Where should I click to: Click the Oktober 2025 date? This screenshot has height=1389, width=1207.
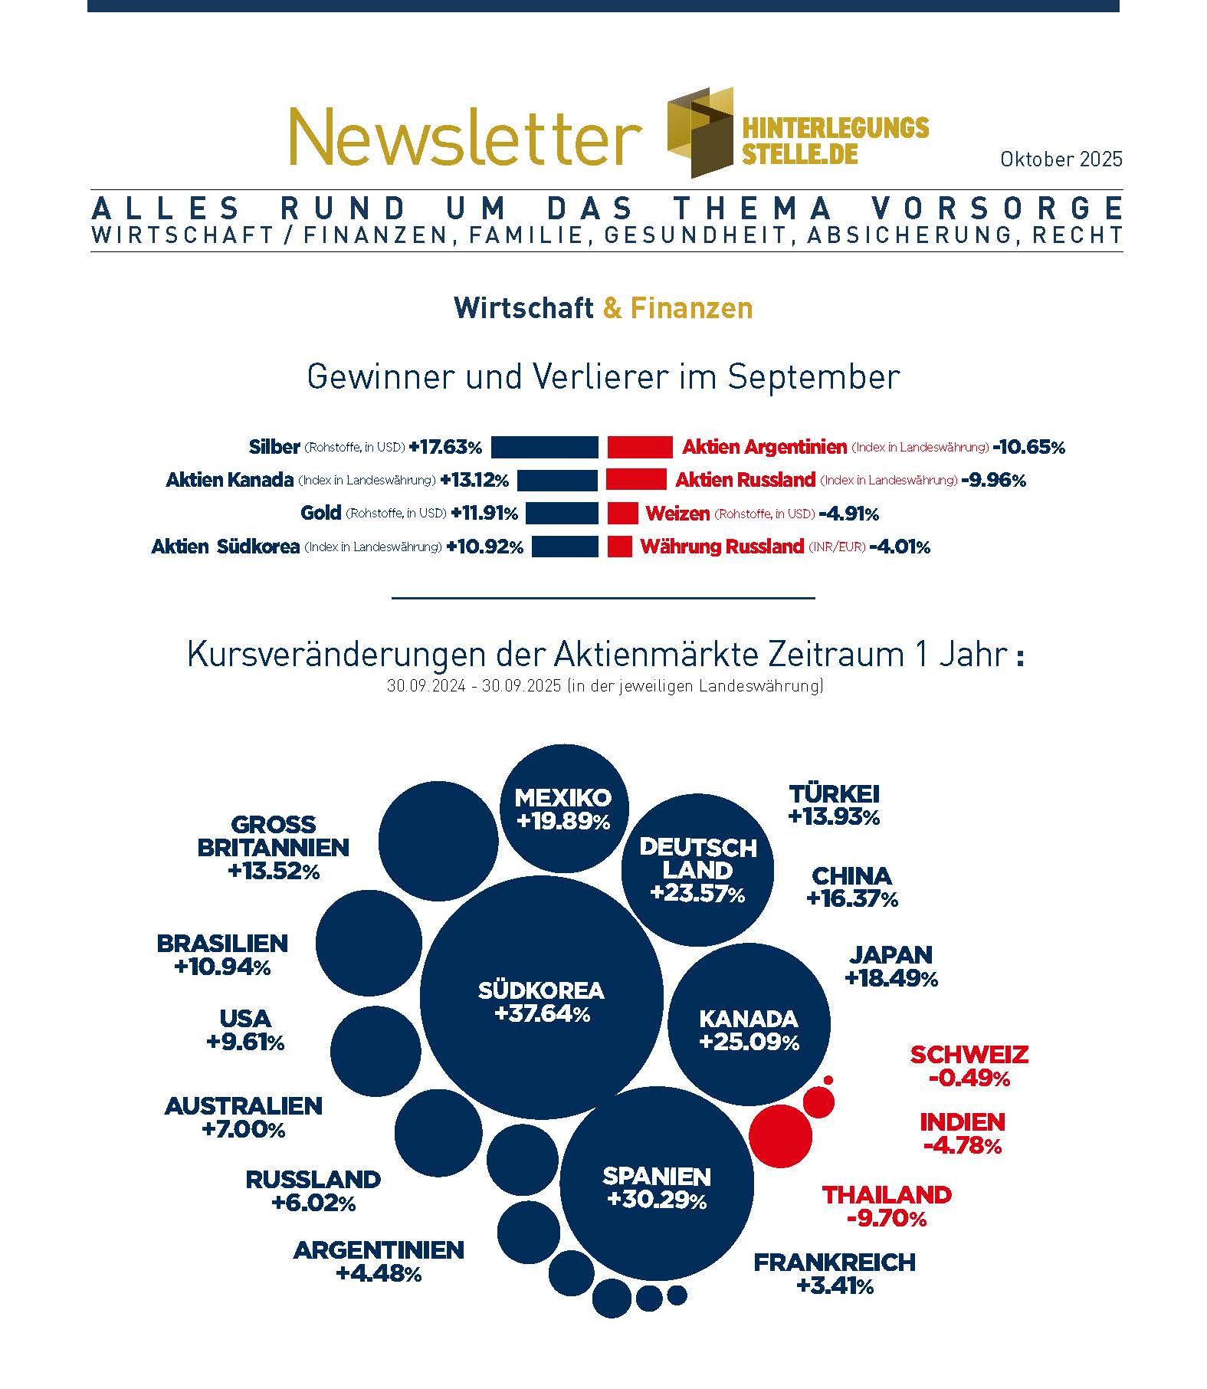tap(1061, 159)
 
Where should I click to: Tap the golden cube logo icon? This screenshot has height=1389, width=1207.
tap(700, 132)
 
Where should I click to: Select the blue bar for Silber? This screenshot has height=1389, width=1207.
tap(544, 447)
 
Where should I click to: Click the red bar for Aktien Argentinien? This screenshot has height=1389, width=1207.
tap(640, 447)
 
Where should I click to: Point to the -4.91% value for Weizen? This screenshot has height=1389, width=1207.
tap(848, 514)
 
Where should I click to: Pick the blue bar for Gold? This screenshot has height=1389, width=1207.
tap(562, 514)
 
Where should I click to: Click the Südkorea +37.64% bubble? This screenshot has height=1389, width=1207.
tap(541, 997)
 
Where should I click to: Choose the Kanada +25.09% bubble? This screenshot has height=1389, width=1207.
tap(749, 1024)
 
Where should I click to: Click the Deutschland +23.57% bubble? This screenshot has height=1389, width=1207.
tap(697, 870)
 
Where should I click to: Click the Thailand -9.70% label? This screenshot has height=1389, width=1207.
tap(887, 1206)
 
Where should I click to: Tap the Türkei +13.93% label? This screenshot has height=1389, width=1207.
tap(834, 805)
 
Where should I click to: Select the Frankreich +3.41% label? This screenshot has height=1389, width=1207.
tap(835, 1273)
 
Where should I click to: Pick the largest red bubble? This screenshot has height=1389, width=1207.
tap(780, 1136)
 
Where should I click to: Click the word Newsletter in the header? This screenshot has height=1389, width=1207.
tap(464, 136)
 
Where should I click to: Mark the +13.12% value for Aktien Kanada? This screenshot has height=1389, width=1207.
tap(474, 481)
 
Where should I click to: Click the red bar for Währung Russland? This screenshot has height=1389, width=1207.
tap(620, 547)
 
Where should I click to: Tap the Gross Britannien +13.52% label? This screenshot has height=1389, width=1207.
tap(274, 847)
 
